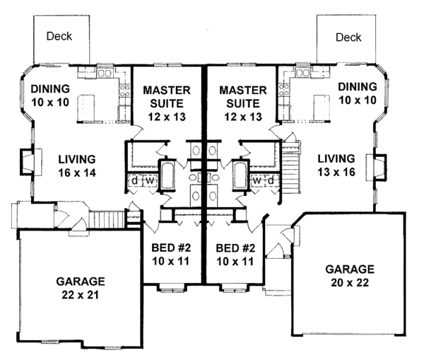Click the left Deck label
pyautogui.click(x=59, y=36)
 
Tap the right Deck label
pyautogui.click(x=348, y=37)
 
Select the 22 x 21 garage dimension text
pyautogui.click(x=81, y=295)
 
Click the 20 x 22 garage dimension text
pyautogui.click(x=350, y=283)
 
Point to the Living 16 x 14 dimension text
pyautogui.click(x=77, y=173)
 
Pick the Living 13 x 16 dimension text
pyautogui.click(x=336, y=172)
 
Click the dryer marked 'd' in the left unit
pyautogui.click(x=135, y=181)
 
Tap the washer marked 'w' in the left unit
pyautogui.click(x=149, y=181)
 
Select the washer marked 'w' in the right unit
pyautogui.click(x=257, y=180)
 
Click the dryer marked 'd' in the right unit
pyautogui.click(x=271, y=180)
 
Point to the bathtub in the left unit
pyautogui.click(x=167, y=175)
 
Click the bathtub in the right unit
pyautogui.click(x=240, y=175)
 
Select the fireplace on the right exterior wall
pyautogui.click(x=376, y=167)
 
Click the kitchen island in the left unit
pyautogui.click(x=86, y=108)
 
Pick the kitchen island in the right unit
pyautogui.click(x=322, y=108)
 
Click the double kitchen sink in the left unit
pyautogui.click(x=105, y=73)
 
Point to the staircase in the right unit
pyautogui.click(x=291, y=168)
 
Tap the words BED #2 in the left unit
pyautogui.click(x=171, y=248)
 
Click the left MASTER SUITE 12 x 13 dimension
pyautogui.click(x=167, y=117)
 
